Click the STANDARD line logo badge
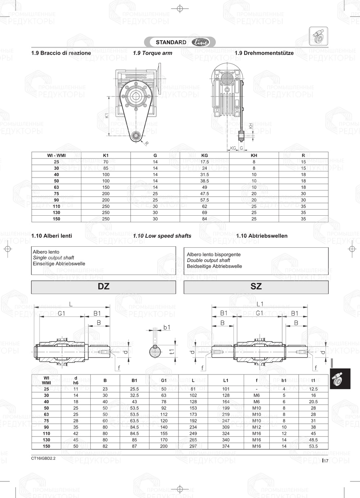click(180, 42)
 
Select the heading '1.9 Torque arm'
click(153, 53)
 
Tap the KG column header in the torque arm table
click(204, 156)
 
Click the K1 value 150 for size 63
click(106, 187)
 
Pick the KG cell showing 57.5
click(204, 200)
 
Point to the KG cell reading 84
click(204, 219)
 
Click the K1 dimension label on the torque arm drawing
click(107, 116)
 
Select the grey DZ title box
click(104, 287)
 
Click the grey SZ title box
click(256, 287)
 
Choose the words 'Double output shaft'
click(208, 260)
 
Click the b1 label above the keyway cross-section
click(167, 327)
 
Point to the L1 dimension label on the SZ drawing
click(260, 304)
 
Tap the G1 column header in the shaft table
click(164, 380)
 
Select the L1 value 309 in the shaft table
click(226, 427)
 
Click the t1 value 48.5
click(313, 440)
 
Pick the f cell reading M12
click(256, 427)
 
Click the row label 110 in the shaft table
click(46, 434)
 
